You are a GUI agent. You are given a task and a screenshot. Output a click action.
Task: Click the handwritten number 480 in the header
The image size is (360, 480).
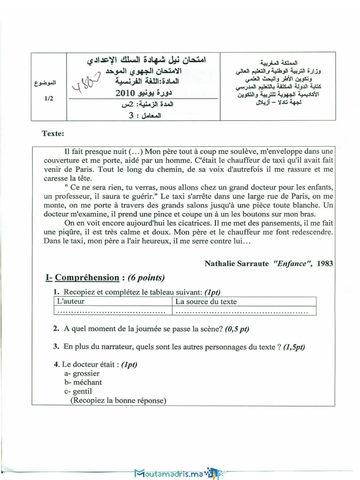pyautogui.click(x=86, y=83)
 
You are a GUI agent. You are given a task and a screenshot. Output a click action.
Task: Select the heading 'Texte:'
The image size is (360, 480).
pyautogui.click(x=53, y=134)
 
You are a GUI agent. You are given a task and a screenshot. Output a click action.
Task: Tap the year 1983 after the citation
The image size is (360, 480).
pyautogui.click(x=325, y=263)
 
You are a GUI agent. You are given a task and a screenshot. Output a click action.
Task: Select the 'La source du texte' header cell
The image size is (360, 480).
pyautogui.click(x=206, y=301)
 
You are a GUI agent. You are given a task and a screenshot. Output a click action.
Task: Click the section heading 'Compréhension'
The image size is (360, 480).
pyautogui.click(x=87, y=277)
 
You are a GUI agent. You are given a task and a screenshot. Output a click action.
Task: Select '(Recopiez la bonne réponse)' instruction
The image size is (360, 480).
pyautogui.click(x=118, y=400)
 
